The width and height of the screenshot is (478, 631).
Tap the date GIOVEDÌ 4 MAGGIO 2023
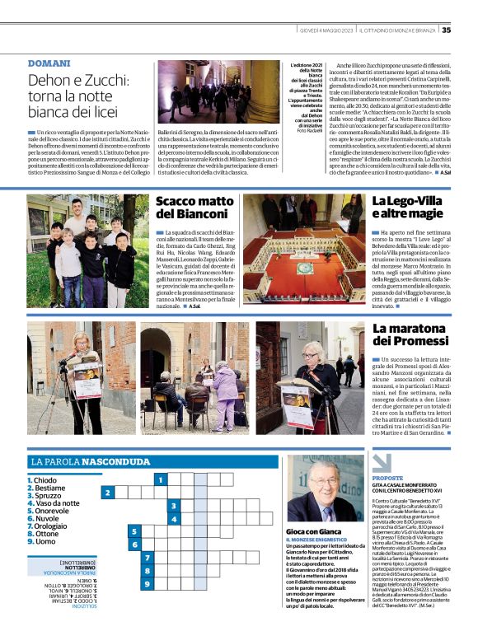pyautogui.click(x=327, y=30)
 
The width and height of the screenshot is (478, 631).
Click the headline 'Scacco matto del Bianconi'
pyautogui.click(x=193, y=207)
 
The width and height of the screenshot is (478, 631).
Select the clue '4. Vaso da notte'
pyautogui.click(x=54, y=503)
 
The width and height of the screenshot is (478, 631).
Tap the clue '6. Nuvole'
pyautogui.click(x=45, y=519)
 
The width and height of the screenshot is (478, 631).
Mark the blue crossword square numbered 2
pyautogui.click(x=108, y=493)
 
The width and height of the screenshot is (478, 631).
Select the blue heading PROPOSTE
pyautogui.click(x=387, y=478)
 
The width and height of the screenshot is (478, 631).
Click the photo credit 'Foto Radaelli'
pyautogui.click(x=310, y=130)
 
